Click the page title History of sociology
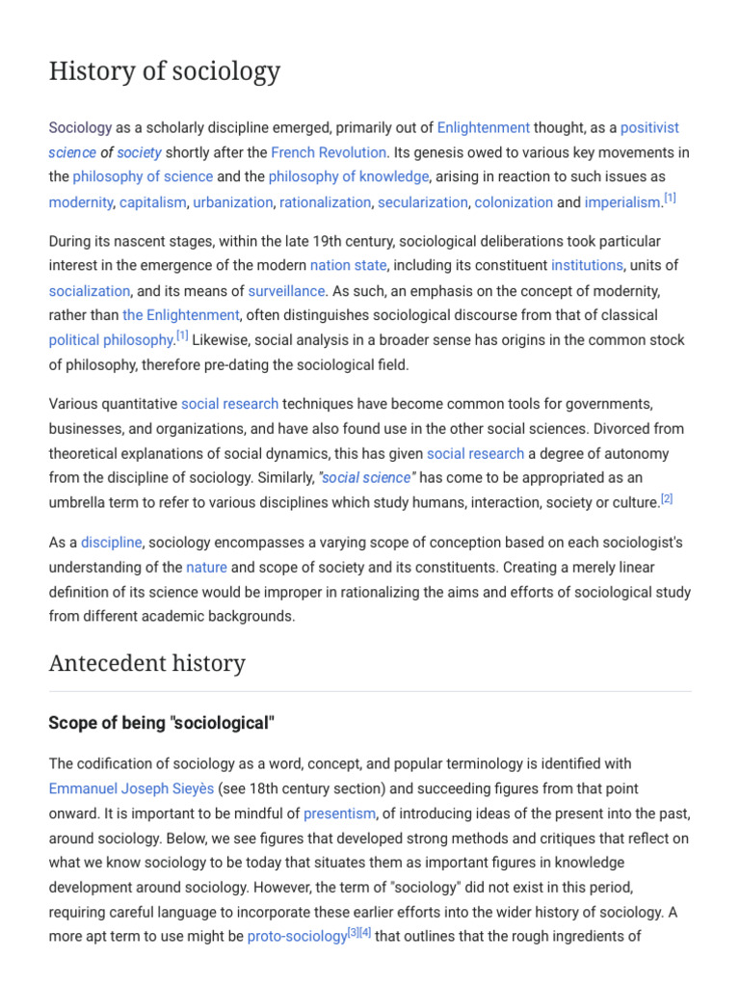(165, 71)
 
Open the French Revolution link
(329, 152)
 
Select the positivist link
(649, 127)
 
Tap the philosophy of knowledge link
(348, 177)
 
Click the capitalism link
(153, 202)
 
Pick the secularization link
(422, 202)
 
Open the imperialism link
(622, 202)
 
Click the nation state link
(348, 265)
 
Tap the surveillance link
(287, 290)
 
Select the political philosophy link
(111, 340)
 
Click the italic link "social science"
(366, 478)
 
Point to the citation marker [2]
(667, 498)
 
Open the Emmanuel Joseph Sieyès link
(131, 788)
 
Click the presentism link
(339, 814)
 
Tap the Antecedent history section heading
(147, 663)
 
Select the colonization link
(514, 202)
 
